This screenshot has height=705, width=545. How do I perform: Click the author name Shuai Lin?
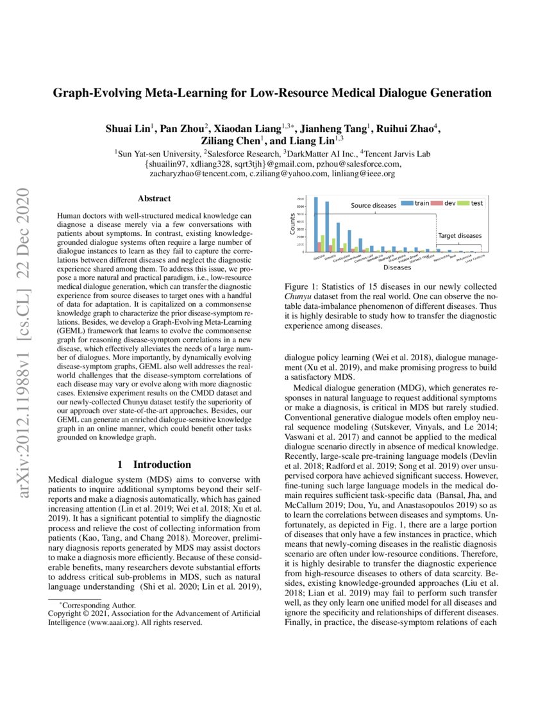pyautogui.click(x=128, y=128)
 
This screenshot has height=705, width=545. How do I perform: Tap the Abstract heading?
pyautogui.click(x=154, y=199)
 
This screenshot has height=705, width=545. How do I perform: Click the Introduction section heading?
pyautogui.click(x=154, y=464)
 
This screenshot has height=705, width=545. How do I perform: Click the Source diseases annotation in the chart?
pyautogui.click(x=373, y=206)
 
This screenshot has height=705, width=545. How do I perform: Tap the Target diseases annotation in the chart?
pyautogui.click(x=460, y=236)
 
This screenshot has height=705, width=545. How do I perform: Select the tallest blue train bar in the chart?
pyautogui.click(x=315, y=224)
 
